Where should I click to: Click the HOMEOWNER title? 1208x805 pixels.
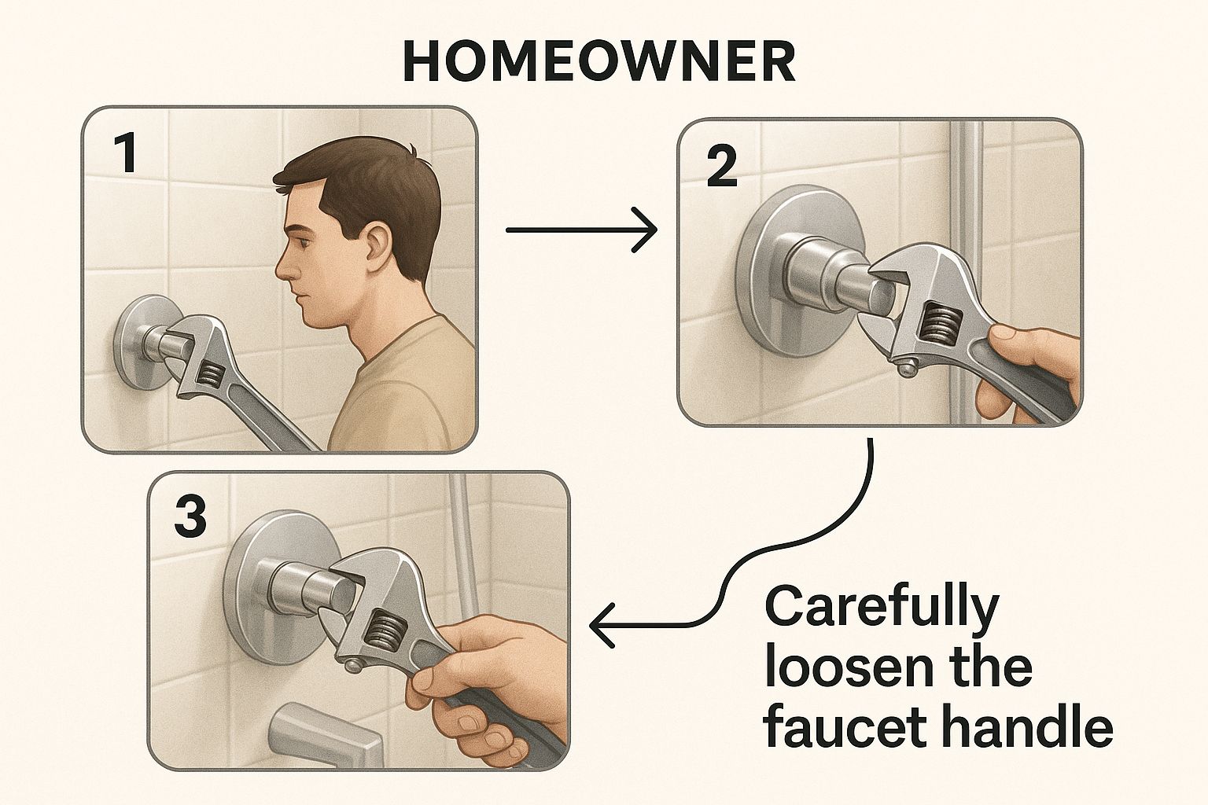pos(598,63)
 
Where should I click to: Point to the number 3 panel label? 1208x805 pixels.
pos(190,516)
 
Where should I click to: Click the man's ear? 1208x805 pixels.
pos(378,247)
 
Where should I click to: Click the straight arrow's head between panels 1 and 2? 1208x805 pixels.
pos(646,230)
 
